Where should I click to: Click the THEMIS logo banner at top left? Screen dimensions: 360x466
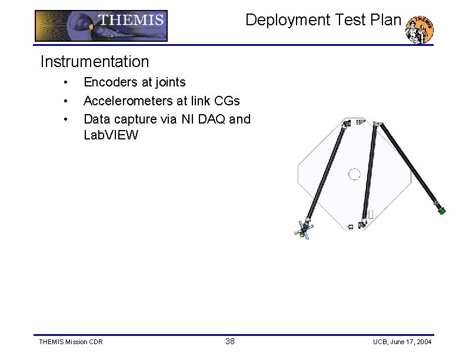(x=101, y=26)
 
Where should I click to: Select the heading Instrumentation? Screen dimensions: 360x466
(x=94, y=61)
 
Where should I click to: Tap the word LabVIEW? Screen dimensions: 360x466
(x=111, y=135)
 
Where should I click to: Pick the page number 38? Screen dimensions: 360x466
(x=230, y=341)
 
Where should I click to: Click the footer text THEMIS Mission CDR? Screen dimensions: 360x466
(x=70, y=342)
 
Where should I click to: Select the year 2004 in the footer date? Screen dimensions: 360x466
(x=422, y=342)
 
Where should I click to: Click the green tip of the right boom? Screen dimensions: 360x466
(x=442, y=210)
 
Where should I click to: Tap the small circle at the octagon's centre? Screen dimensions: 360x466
(x=354, y=174)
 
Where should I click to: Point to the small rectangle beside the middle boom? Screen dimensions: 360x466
(x=371, y=214)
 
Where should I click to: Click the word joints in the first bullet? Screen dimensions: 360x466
(x=169, y=82)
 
